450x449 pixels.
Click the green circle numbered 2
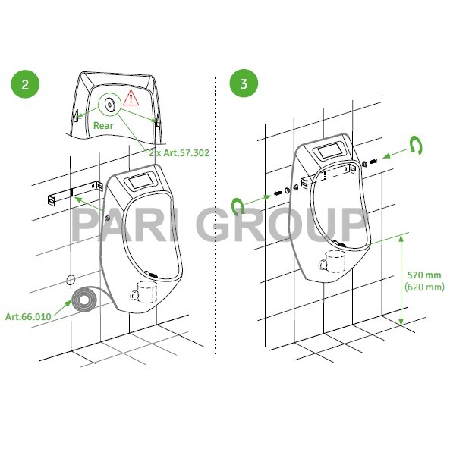pos(25,83)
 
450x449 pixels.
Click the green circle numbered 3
pos(243,83)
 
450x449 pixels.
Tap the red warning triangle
pos(133,97)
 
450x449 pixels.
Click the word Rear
pos(103,125)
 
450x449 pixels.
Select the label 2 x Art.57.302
pos(178,152)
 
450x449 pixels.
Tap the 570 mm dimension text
pos(423,275)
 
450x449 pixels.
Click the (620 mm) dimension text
pos(423,287)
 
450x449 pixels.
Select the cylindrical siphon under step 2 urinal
pos(143,290)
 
